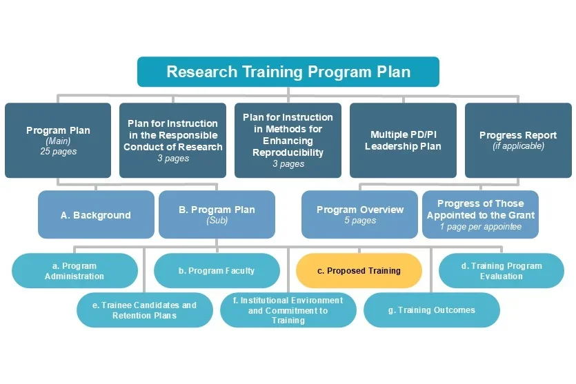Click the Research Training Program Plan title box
pos(288,72)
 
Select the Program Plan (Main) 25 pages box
pos(58,140)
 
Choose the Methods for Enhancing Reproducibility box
pos(288,140)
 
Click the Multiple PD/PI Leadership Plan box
pos(403,140)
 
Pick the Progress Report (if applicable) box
pos(518,140)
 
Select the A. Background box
pos(95,215)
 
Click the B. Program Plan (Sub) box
pos(217,214)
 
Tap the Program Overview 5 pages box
pos(359,214)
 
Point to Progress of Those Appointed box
pos(480,214)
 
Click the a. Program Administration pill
pos(75,271)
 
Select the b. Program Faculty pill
pos(216,271)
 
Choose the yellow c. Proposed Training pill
pos(359,271)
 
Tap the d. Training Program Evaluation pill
pos(501,271)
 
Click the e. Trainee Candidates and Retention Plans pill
pos(144,310)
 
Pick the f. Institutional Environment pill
pos(288,310)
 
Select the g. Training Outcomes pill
pos(431,310)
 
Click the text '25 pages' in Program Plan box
pos(58,152)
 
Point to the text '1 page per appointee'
pos(480,227)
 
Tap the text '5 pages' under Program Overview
pos(359,221)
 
